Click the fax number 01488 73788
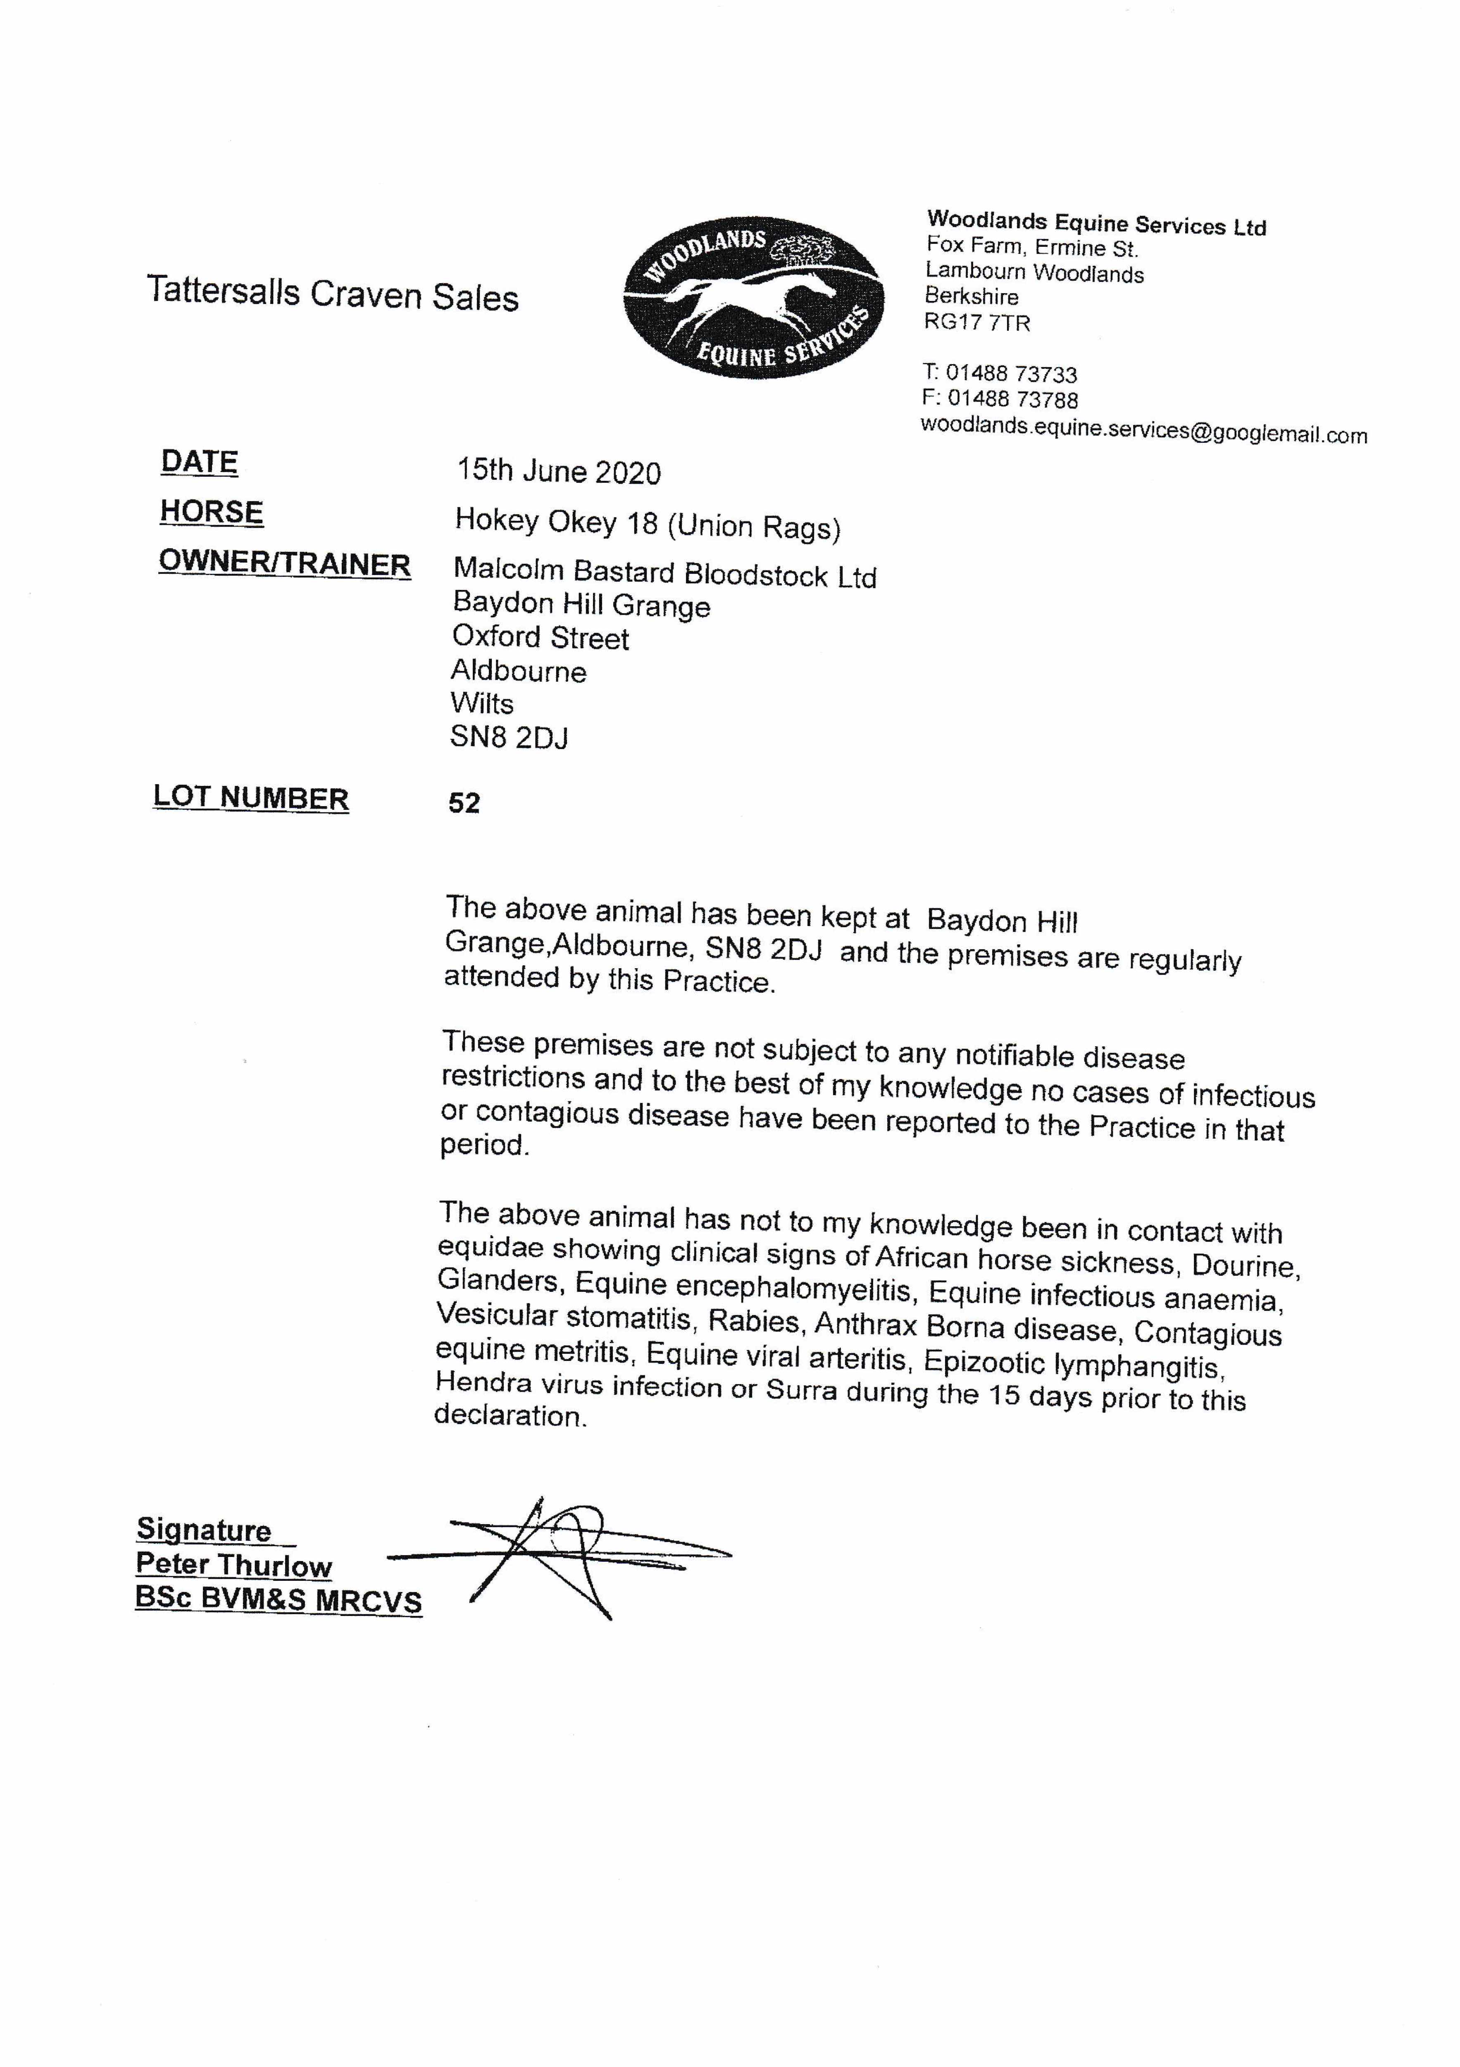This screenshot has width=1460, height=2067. pos(1012,399)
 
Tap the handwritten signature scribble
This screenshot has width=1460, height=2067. pos(558,1556)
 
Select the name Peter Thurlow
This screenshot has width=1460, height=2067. pos(234,1565)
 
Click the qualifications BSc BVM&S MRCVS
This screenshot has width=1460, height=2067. pos(278,1600)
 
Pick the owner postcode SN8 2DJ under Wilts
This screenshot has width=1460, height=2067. pos(509,738)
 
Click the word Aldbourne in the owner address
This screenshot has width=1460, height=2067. pos(519,671)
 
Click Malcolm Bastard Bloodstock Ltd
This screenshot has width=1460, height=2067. pos(664,573)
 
